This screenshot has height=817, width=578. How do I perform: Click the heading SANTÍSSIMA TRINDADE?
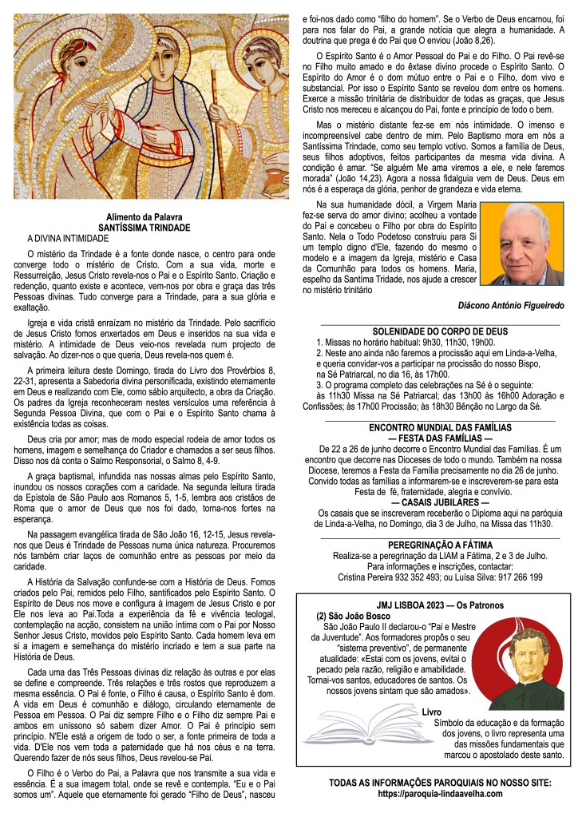coord(150,228)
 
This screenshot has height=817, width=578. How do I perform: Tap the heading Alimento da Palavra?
coord(150,217)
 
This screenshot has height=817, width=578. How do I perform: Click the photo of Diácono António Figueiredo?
coord(523,244)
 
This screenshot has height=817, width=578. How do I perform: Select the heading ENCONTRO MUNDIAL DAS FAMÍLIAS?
coord(440,427)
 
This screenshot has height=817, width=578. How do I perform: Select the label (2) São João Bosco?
coord(349,617)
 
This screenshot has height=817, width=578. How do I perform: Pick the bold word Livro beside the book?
coord(431,711)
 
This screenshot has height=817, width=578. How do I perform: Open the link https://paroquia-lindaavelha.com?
coord(440,794)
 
